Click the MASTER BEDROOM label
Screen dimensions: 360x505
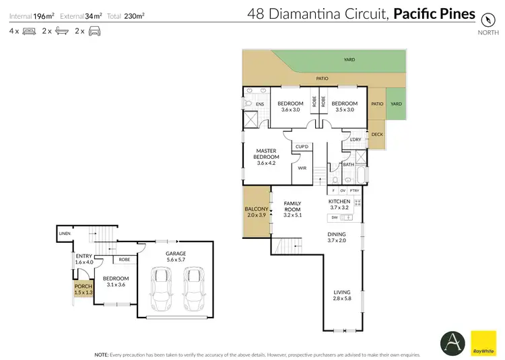coord(267,154)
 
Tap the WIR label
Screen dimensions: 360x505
coord(302,169)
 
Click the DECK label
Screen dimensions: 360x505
coord(377,135)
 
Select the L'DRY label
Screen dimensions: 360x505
coord(356,139)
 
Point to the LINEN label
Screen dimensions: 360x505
coord(65,233)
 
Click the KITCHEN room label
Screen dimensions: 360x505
coord(339,202)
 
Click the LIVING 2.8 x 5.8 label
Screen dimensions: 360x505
coord(342,294)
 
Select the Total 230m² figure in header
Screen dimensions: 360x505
coord(134,14)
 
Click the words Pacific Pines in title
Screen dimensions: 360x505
coord(434,13)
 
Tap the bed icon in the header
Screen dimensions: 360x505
coord(29,32)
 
